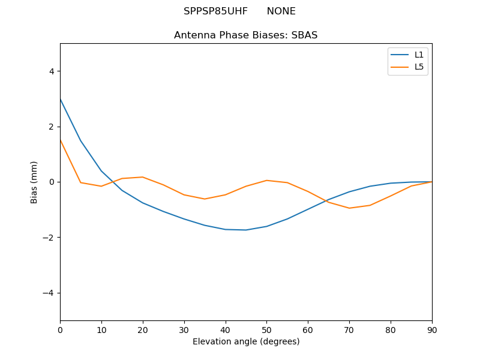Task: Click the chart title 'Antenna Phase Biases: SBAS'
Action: click(245, 35)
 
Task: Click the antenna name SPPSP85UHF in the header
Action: click(215, 11)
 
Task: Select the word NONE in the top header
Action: click(281, 11)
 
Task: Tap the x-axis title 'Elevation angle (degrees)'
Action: click(245, 342)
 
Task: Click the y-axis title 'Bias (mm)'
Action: click(34, 182)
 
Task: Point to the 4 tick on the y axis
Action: click(51, 71)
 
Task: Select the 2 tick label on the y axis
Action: click(51, 127)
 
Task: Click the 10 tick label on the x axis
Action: click(101, 329)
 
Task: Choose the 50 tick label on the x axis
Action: click(266, 329)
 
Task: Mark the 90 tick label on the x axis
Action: click(431, 329)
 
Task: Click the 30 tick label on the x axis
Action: click(184, 329)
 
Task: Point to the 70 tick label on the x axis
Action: click(349, 329)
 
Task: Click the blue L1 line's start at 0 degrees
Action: click(61, 99)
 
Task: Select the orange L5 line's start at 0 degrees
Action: click(61, 140)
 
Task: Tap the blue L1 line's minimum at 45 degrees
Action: click(246, 230)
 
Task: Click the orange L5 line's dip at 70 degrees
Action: click(349, 208)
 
